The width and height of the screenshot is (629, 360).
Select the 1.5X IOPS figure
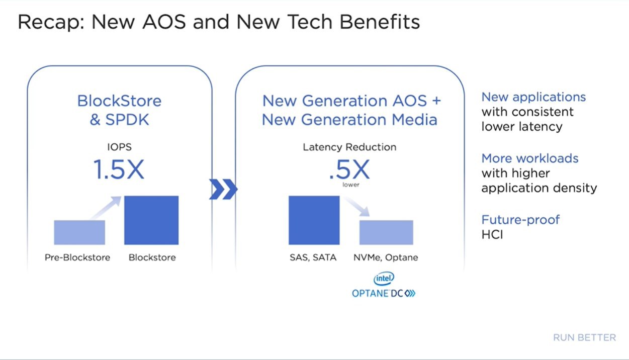(119, 169)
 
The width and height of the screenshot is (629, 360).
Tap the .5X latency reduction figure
(349, 169)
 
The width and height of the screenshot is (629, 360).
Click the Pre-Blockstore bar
(79, 232)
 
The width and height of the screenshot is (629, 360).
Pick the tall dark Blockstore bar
(151, 220)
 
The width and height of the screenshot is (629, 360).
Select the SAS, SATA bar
(314, 220)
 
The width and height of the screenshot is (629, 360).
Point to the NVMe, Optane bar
(386, 232)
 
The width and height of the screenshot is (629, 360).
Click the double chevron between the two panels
(223, 189)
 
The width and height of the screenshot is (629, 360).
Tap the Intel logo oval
(384, 278)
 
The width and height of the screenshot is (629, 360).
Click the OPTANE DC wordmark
(384, 294)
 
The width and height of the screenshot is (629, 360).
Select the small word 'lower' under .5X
(351, 185)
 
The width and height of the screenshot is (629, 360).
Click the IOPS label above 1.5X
(119, 147)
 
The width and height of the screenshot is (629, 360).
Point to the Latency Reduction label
(349, 147)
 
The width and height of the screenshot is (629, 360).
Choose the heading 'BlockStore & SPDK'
(119, 110)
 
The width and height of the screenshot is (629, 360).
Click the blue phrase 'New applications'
(533, 97)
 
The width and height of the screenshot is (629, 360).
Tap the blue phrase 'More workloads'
(530, 158)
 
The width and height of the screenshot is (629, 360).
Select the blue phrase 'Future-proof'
(520, 220)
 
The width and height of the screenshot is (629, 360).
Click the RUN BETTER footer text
(584, 337)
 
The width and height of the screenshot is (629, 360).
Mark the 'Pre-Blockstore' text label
(77, 257)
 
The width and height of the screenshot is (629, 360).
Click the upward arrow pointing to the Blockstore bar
(106, 208)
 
